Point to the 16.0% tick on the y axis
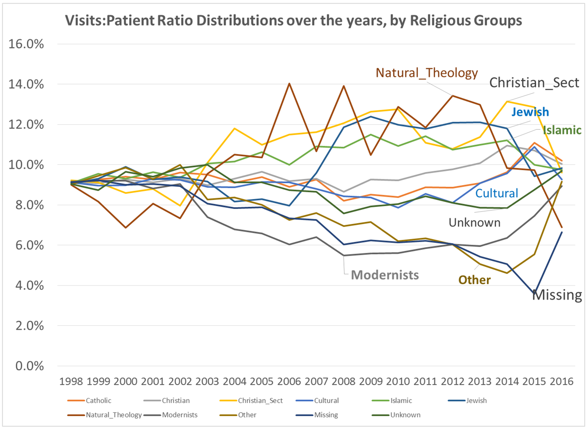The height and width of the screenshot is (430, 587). [x=26, y=44]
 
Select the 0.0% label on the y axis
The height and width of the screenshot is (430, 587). [x=29, y=366]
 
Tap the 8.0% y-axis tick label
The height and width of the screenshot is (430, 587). [x=29, y=205]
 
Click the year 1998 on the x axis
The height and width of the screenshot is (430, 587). [x=71, y=382]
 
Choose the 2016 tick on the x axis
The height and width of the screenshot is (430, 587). [x=562, y=382]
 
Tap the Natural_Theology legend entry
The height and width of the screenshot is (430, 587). [x=114, y=415]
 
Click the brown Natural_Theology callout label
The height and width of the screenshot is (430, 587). [x=427, y=73]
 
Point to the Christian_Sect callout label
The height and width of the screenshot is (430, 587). [x=534, y=83]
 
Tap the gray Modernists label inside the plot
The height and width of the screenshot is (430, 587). [x=385, y=275]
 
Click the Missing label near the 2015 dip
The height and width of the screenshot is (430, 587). [x=557, y=295]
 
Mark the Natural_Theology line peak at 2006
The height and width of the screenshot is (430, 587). [x=289, y=84]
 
